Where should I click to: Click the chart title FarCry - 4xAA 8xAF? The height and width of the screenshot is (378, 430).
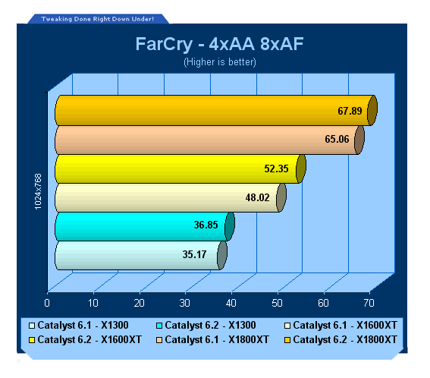coord(219,44)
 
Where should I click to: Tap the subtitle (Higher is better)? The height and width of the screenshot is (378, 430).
coord(220,62)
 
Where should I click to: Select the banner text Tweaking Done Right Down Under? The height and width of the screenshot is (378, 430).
coord(97,19)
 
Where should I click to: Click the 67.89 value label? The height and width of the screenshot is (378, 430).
coord(350,111)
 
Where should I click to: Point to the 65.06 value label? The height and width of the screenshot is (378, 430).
coord(337,139)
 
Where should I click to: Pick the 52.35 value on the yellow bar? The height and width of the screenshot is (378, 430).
coord(276,169)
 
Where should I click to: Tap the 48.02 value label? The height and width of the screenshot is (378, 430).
coord(258,197)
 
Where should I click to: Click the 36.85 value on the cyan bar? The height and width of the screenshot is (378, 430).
coord(206,225)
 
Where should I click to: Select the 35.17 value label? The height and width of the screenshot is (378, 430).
coord(194,254)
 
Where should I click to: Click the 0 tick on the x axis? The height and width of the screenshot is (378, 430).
coord(47,303)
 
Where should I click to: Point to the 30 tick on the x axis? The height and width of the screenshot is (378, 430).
coord(185,303)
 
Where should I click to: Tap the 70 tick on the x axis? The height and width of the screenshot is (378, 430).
coord(369,303)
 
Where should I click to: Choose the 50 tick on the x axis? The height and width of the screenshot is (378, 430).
coord(277,303)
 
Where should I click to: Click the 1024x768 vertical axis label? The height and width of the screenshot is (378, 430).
coord(38,191)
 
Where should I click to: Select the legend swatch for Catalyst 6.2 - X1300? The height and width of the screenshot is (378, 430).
coord(159,326)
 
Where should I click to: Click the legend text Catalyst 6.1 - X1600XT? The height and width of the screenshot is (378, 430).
coord(345,326)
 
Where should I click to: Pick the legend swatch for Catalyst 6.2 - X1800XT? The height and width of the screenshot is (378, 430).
coord(287,340)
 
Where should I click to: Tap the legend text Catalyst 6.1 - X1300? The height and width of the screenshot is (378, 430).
coord(83,326)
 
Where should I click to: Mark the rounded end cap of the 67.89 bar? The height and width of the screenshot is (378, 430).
coord(372,110)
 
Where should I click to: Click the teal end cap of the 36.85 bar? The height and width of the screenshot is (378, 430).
coord(230,226)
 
